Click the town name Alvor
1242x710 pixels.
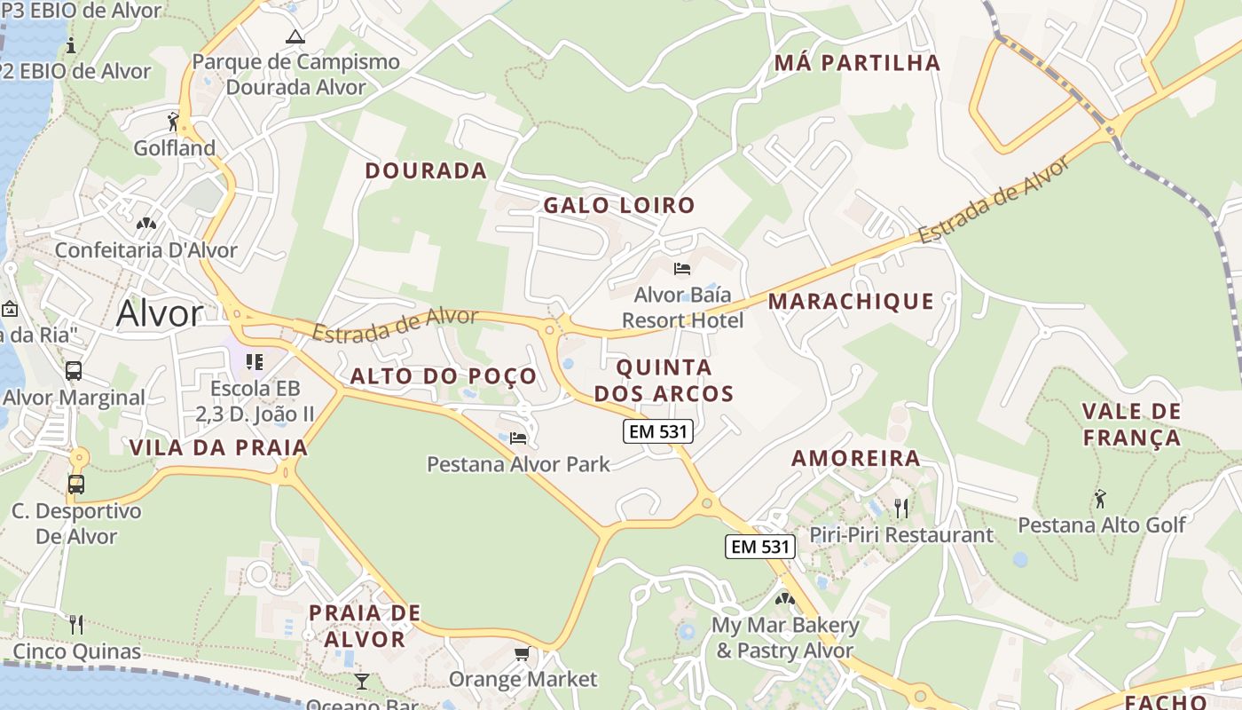click(x=160, y=313)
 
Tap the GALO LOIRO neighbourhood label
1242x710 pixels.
click(x=619, y=206)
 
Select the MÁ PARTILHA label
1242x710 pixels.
click(x=857, y=63)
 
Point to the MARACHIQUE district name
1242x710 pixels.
click(x=851, y=302)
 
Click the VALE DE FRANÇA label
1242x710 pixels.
click(x=1131, y=424)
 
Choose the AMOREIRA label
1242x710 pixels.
click(x=856, y=459)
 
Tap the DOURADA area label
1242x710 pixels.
click(x=426, y=171)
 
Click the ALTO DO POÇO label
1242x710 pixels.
click(x=444, y=376)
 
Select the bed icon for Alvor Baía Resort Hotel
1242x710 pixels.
click(x=682, y=268)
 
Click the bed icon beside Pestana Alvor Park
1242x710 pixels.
click(x=518, y=438)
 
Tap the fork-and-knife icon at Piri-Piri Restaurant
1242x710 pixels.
click(x=901, y=509)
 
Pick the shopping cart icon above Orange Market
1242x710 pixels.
click(x=523, y=654)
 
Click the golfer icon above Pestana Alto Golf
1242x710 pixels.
click(x=1101, y=499)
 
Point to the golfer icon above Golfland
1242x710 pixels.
click(x=174, y=121)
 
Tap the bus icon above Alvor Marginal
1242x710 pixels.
click(x=74, y=371)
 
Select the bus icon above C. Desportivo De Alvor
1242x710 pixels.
click(x=76, y=485)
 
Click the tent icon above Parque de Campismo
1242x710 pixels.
click(x=295, y=37)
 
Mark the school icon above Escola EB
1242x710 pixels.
click(x=255, y=362)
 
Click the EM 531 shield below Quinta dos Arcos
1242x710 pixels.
click(x=658, y=431)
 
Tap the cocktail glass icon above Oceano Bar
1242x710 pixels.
click(x=361, y=682)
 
